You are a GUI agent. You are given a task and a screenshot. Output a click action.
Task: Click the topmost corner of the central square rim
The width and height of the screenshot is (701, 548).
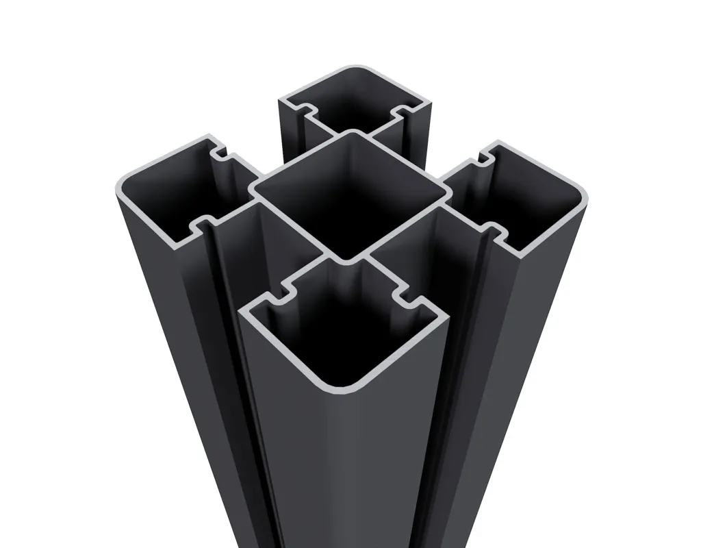click(x=349, y=133)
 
